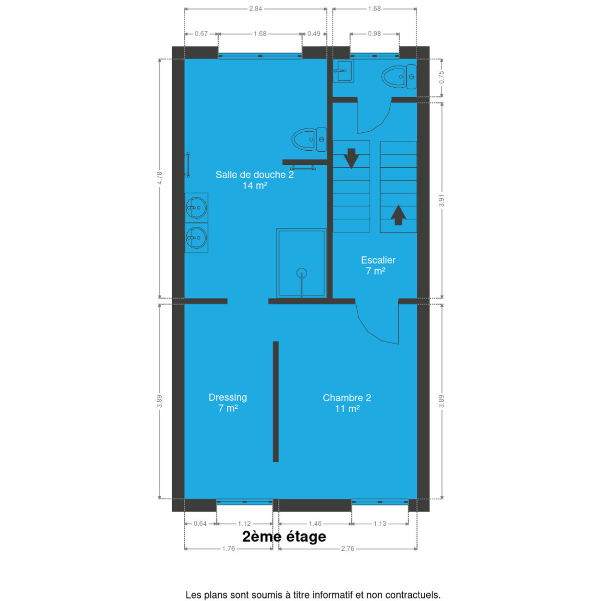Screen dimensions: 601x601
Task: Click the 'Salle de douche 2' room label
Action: click(254, 175)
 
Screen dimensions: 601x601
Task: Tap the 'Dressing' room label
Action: click(228, 397)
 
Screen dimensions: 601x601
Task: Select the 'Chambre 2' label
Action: click(347, 398)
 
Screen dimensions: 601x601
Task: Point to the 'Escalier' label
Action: click(378, 260)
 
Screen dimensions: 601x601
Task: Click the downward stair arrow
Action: click(351, 158)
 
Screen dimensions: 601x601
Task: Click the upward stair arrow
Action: click(398, 215)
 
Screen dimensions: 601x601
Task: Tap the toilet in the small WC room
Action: click(399, 77)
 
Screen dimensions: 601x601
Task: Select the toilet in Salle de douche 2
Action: click(309, 139)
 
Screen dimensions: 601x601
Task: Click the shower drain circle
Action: click(302, 273)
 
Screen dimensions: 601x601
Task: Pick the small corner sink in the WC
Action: click(343, 71)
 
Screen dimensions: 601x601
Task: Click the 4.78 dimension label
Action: click(159, 178)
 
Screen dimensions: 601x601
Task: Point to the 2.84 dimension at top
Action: click(255, 9)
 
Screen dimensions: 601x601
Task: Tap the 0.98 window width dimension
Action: click(374, 34)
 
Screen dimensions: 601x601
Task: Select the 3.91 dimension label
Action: click(441, 200)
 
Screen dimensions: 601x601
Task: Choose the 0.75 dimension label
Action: click(441, 77)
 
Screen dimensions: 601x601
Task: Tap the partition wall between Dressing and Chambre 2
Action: click(275, 401)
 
